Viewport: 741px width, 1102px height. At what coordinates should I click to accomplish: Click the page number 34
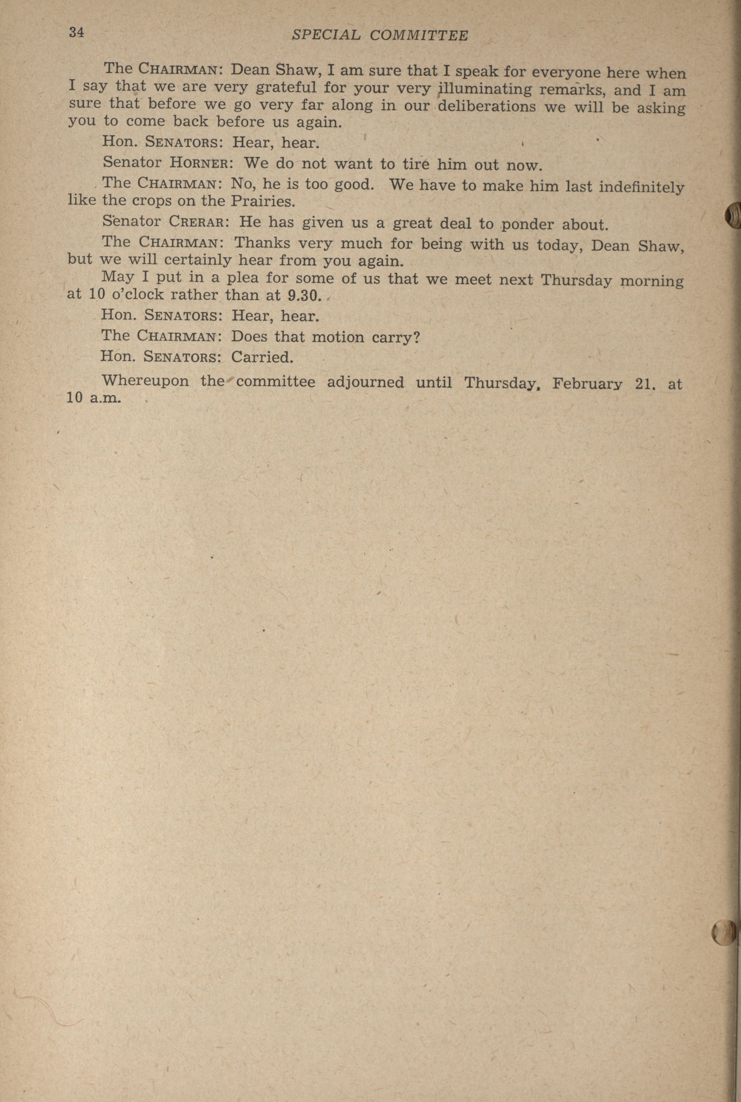coord(76,33)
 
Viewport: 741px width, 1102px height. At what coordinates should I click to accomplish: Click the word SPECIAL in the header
coord(326,35)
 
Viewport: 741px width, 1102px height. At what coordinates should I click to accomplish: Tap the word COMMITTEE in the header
coord(419,35)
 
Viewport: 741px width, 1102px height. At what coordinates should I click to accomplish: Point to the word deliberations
coord(487,106)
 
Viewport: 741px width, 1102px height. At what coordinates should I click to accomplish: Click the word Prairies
coord(263,202)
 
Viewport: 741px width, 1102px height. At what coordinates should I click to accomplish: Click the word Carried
coord(262,357)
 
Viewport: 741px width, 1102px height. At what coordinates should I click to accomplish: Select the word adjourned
coord(365,382)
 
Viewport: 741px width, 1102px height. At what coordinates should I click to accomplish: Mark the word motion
coord(338,337)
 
